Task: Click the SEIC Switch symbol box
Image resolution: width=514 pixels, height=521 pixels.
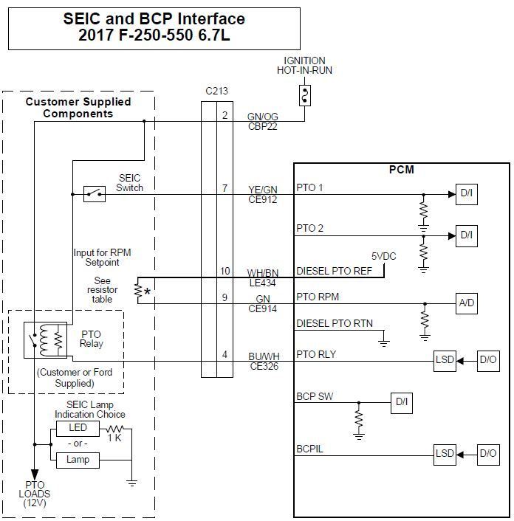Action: click(x=94, y=194)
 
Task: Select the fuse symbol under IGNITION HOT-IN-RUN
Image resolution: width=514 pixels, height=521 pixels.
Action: click(x=304, y=94)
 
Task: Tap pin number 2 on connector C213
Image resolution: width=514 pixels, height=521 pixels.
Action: click(x=225, y=114)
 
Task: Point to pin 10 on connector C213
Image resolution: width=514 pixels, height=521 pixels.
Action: click(x=225, y=271)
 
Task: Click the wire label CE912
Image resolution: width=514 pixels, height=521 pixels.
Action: click(x=262, y=200)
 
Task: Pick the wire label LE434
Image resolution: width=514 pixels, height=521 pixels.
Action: click(x=262, y=283)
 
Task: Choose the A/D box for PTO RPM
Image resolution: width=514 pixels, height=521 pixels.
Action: click(x=467, y=303)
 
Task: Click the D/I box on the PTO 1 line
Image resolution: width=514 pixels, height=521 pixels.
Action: click(x=467, y=194)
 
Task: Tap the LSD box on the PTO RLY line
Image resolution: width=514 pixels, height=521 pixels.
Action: click(x=445, y=361)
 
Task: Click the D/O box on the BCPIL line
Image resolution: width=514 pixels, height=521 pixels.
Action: click(x=487, y=453)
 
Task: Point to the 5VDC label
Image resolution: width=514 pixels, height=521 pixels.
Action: click(x=383, y=257)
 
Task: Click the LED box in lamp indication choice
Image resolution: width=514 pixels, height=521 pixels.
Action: click(x=78, y=428)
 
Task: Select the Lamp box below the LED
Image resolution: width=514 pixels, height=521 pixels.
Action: click(x=78, y=460)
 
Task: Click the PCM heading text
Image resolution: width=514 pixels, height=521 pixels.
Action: click(x=402, y=170)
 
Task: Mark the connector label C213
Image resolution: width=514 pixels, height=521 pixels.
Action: click(x=216, y=92)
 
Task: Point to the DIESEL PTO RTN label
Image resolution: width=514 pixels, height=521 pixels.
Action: click(x=335, y=323)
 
